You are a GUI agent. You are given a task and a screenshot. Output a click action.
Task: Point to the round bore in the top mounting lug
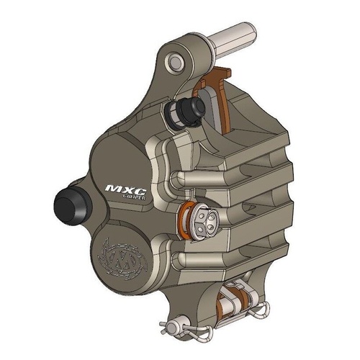[x=174, y=63]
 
